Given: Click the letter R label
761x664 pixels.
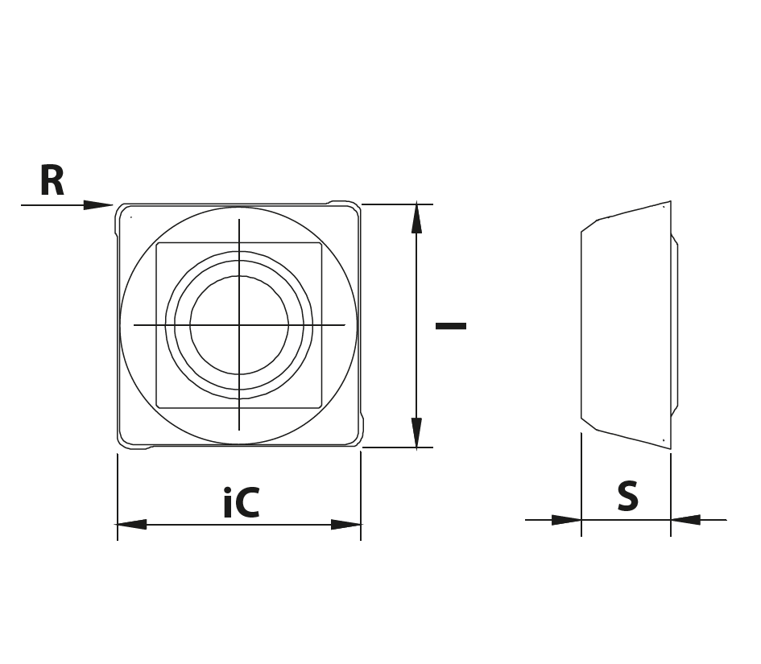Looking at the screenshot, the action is point(52,180).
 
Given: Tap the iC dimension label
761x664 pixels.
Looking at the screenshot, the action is point(242,502).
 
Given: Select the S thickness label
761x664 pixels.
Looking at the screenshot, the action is point(627,496).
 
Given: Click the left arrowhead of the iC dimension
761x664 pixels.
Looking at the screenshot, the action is point(131,524).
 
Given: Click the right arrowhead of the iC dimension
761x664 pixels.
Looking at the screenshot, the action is point(346,524).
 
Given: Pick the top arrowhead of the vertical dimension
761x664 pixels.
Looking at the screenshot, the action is point(416,219).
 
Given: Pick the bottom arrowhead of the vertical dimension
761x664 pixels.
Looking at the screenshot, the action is point(416,433).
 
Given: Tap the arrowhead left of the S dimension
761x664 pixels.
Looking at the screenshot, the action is point(566,520).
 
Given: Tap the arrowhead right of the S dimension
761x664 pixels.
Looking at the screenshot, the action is point(686,520).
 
